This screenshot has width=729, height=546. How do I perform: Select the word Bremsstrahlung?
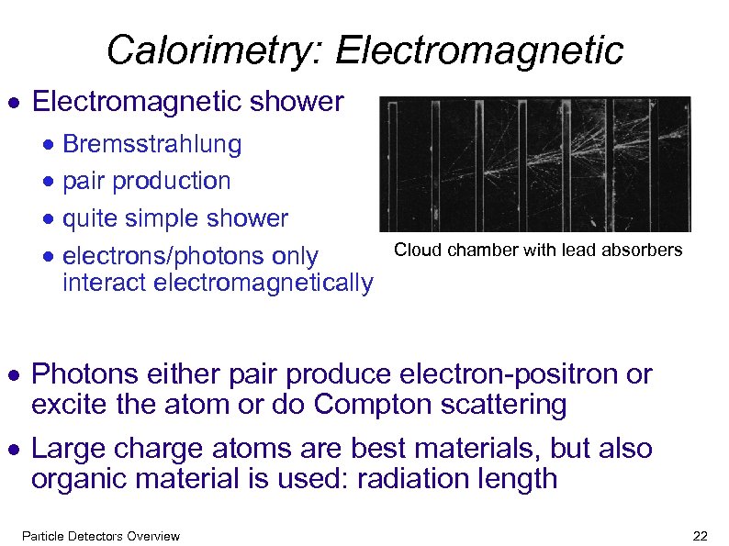point(152,144)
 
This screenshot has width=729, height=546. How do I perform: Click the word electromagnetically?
point(264,283)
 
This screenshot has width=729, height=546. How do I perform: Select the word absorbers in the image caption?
point(648,250)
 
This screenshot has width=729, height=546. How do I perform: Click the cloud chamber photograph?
point(535,164)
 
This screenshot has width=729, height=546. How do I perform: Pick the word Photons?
point(85,374)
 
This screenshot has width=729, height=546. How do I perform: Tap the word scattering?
point(499,404)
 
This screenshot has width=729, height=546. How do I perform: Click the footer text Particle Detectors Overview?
point(100,536)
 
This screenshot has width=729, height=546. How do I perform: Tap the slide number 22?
point(701,536)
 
